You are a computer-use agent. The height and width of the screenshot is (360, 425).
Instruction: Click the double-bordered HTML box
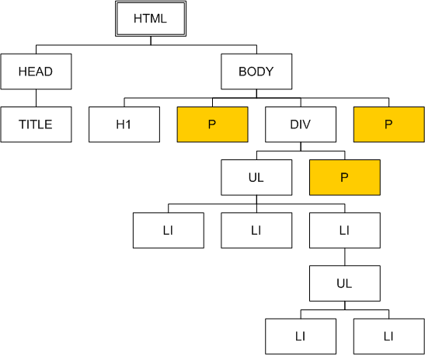click(x=151, y=19)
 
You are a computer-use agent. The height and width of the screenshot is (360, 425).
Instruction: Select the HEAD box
click(x=36, y=72)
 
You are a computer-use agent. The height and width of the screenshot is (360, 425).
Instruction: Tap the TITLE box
click(x=36, y=124)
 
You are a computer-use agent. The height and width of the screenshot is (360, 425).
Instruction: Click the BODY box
click(x=256, y=72)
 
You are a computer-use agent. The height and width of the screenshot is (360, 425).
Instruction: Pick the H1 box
click(x=124, y=124)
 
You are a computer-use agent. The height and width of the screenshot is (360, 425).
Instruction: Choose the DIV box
click(x=301, y=124)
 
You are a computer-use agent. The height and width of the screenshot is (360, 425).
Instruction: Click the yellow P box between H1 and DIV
click(x=213, y=124)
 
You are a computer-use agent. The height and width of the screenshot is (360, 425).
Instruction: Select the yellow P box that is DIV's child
click(x=345, y=177)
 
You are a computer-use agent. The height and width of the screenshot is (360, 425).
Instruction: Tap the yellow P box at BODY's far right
click(x=389, y=124)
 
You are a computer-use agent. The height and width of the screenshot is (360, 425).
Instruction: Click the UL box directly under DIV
click(x=256, y=177)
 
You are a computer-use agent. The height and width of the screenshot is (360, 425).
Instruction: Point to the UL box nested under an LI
click(x=345, y=283)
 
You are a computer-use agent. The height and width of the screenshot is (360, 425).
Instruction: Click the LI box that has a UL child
click(x=345, y=230)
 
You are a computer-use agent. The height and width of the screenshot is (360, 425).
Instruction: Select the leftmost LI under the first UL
click(x=169, y=230)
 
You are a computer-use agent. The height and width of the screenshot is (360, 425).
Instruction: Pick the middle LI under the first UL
click(x=256, y=230)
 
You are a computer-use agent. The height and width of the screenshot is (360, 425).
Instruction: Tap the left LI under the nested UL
click(x=301, y=337)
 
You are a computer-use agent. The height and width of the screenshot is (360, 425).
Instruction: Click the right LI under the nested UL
click(x=389, y=337)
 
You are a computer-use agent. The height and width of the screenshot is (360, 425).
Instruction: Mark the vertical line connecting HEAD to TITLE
click(x=36, y=98)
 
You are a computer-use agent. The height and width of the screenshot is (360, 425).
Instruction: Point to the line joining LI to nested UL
click(x=345, y=257)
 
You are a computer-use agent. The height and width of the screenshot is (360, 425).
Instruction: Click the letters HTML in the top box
click(x=150, y=19)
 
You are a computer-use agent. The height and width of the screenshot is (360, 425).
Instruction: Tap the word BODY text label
click(x=256, y=72)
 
